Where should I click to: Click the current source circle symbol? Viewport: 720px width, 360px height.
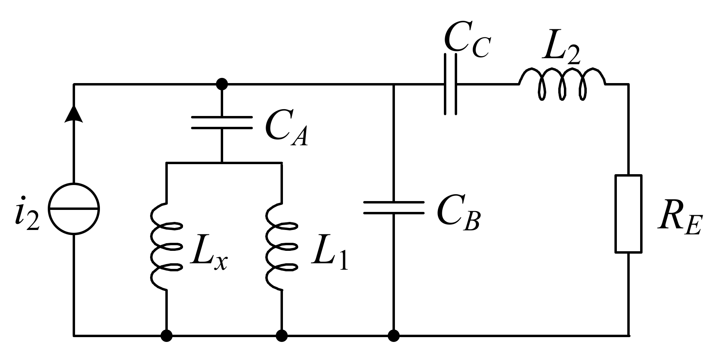(x=73, y=209)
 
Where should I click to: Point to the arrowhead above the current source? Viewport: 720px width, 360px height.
(x=73, y=114)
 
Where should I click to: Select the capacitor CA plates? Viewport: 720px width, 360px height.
(x=222, y=122)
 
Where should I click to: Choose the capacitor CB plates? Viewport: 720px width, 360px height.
(x=393, y=207)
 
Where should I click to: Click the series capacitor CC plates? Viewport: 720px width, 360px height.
(x=450, y=84)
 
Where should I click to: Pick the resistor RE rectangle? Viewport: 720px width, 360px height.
(x=628, y=214)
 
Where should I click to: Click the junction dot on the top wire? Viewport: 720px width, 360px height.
(x=222, y=84)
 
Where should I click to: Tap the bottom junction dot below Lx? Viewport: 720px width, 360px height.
(x=166, y=335)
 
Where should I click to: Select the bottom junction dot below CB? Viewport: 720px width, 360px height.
(x=393, y=335)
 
